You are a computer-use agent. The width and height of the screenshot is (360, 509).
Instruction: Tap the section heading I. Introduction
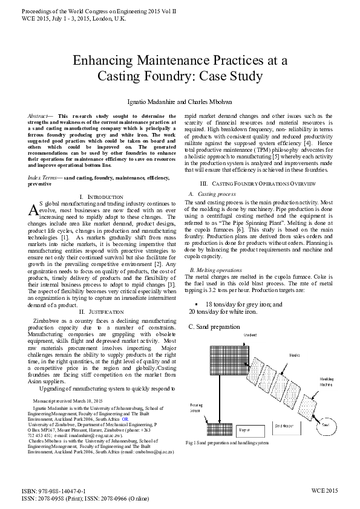(x=102, y=197)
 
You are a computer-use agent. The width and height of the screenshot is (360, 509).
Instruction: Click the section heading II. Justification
(x=102, y=311)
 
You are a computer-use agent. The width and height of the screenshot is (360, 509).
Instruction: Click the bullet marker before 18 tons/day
(x=196, y=304)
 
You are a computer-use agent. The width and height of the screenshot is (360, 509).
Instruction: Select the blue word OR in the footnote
(x=125, y=418)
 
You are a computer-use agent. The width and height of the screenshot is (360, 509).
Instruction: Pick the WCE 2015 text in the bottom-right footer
(x=324, y=491)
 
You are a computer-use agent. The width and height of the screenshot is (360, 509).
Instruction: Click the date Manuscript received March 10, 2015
(x=68, y=401)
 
